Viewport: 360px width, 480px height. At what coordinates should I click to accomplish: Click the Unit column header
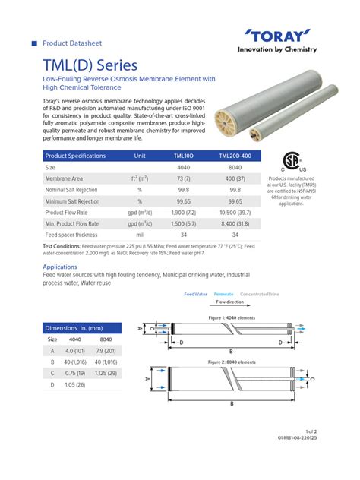tap(140, 156)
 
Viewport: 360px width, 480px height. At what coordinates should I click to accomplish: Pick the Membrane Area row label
tap(65, 178)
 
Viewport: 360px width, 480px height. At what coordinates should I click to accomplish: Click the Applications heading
tap(60, 267)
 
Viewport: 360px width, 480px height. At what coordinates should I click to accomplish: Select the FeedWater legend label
tap(196, 293)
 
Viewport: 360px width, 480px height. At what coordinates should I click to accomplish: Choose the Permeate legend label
tap(223, 293)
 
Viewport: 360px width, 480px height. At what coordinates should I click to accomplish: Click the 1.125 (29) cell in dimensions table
tap(107, 374)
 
